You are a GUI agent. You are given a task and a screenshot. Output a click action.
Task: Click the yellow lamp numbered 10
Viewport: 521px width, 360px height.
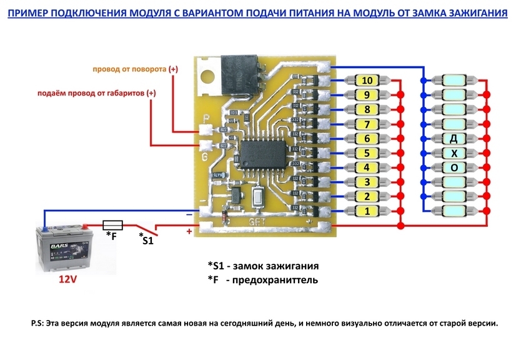click(367, 81)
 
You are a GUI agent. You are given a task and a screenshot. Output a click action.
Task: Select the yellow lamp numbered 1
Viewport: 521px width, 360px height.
click(367, 211)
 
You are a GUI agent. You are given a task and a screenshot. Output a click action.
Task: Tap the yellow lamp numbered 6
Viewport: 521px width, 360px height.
click(367, 138)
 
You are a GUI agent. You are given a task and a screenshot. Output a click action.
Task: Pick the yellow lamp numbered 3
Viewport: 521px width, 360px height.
click(367, 182)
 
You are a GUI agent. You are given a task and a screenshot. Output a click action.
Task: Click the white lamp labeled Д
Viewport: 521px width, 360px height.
click(454, 138)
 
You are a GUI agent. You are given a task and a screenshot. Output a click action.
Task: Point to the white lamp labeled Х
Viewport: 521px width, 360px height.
click(454, 153)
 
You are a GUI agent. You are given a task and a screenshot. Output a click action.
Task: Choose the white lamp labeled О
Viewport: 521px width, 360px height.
click(454, 167)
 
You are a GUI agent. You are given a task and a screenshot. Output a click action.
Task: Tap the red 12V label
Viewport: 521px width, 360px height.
click(67, 279)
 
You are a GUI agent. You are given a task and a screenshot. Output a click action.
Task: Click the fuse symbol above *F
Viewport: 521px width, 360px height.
click(112, 224)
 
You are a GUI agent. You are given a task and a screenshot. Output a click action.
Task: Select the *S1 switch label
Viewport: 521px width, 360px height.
click(146, 239)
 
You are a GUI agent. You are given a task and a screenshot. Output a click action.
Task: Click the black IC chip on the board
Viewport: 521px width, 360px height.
click(261, 152)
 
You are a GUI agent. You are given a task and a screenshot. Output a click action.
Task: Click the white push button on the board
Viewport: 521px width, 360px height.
click(258, 199)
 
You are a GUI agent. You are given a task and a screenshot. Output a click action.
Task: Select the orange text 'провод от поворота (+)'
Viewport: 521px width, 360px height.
click(135, 69)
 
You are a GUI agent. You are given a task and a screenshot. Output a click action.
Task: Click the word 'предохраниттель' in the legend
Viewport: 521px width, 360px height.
click(274, 280)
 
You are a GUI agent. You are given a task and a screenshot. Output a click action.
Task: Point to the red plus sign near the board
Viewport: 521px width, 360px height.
click(189, 231)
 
